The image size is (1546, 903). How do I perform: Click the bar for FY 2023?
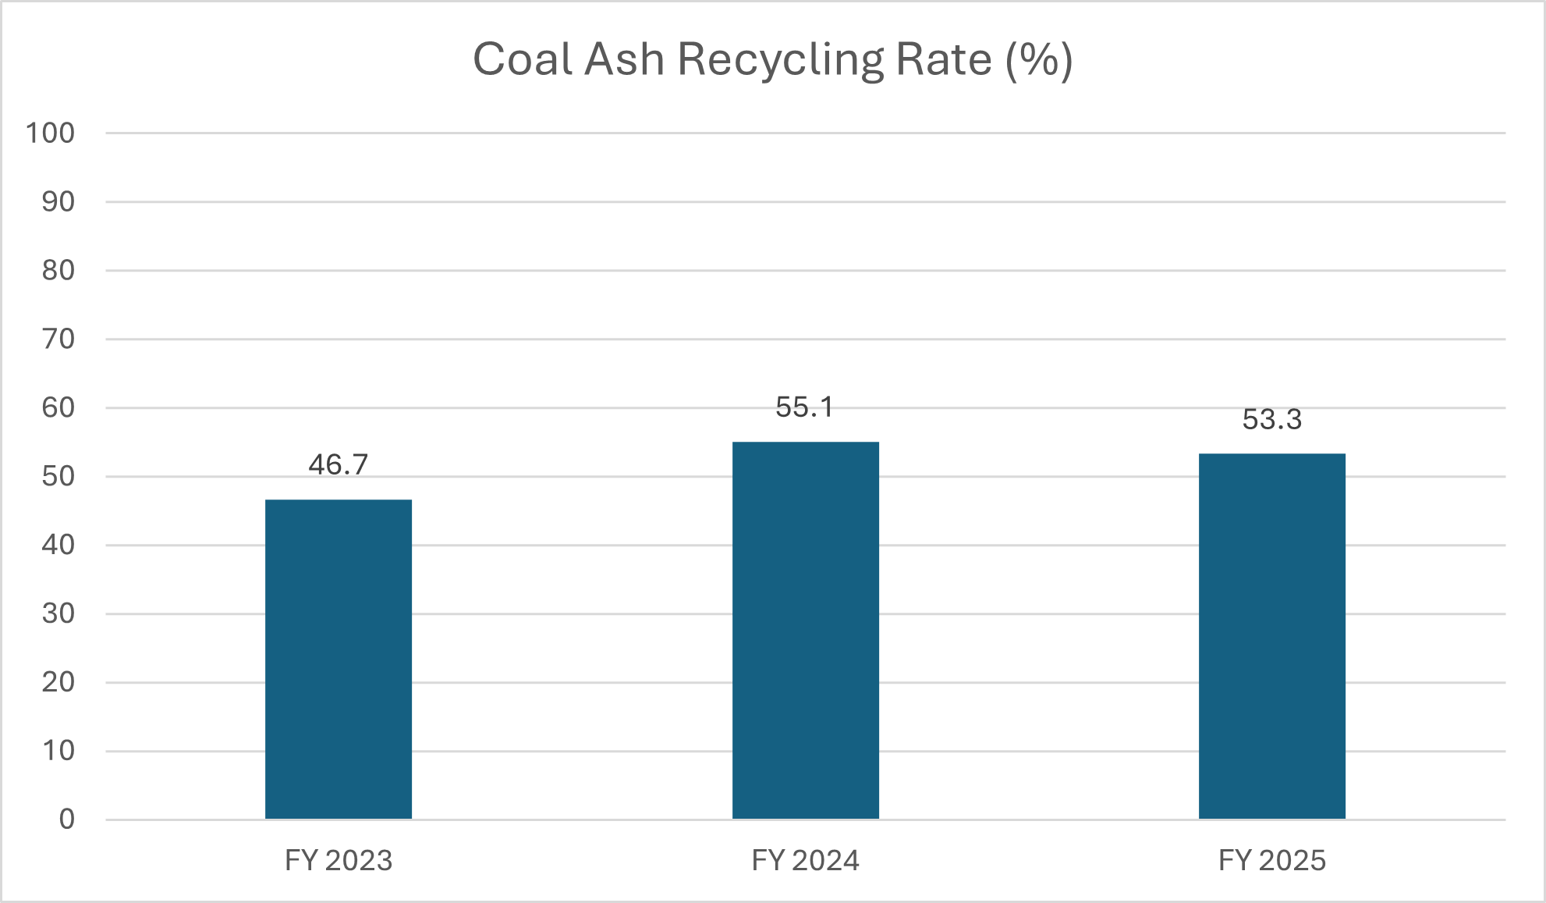click(x=339, y=659)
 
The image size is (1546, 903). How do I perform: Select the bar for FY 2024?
click(x=805, y=631)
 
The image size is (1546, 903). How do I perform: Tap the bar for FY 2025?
click(x=1271, y=636)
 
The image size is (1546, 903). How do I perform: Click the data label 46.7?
click(x=339, y=465)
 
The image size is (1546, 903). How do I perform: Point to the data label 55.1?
click(x=805, y=407)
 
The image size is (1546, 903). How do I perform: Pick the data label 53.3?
click(x=1271, y=420)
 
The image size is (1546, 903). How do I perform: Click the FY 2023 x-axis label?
click(x=339, y=861)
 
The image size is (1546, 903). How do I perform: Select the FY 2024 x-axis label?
click(x=805, y=861)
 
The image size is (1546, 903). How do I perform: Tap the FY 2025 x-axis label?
click(x=1271, y=861)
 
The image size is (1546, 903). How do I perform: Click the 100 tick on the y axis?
click(x=51, y=133)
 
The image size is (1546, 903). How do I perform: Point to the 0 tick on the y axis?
click(x=67, y=819)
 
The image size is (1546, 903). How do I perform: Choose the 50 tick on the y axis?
click(x=59, y=476)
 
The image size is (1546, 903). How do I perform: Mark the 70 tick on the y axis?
click(x=59, y=340)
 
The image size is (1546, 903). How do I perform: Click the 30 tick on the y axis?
click(x=59, y=613)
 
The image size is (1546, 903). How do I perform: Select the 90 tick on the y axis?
click(x=59, y=202)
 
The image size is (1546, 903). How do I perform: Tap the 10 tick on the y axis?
click(x=59, y=751)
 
